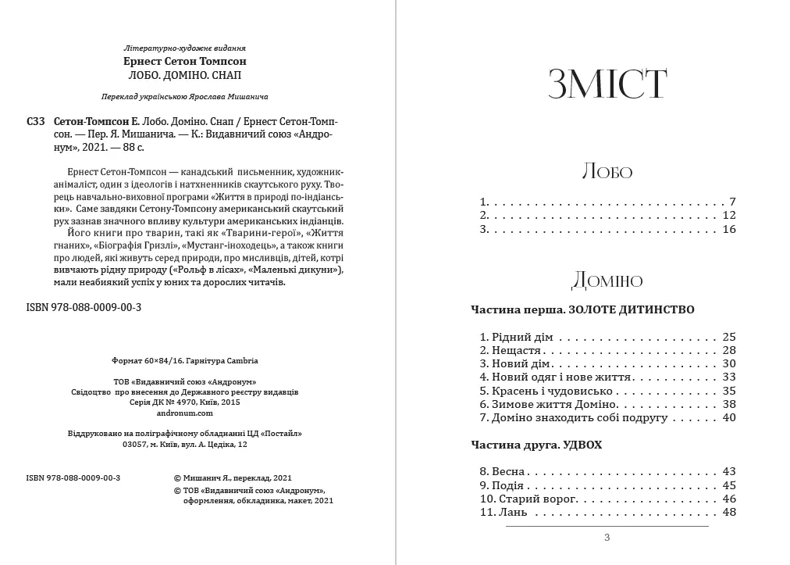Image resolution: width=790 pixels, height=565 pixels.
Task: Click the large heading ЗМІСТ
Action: tap(607, 84)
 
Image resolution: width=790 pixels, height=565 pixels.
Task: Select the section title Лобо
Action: tap(607, 172)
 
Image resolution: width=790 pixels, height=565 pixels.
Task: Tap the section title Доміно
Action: tap(607, 280)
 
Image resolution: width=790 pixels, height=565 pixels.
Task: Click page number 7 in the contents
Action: tap(732, 202)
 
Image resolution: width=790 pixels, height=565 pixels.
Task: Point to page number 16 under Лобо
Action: tap(729, 230)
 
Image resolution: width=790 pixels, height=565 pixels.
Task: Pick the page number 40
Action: tap(729, 418)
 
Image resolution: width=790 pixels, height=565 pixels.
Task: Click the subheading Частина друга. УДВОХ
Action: tap(537, 445)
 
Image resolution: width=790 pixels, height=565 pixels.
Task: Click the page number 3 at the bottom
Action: tap(607, 538)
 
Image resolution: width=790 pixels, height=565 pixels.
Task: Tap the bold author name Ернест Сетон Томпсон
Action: tap(190, 61)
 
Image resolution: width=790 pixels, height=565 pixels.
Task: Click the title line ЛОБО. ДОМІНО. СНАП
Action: tap(190, 75)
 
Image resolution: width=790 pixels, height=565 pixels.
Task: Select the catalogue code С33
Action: tap(35, 123)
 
